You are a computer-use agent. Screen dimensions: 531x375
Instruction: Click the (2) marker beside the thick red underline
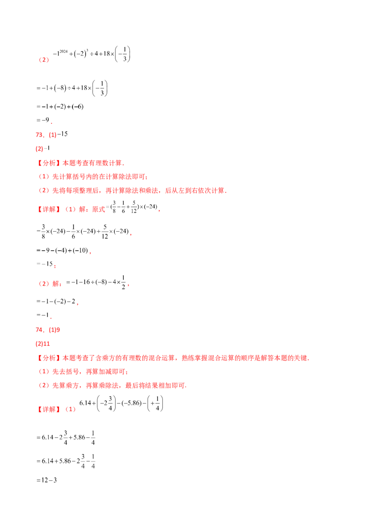(x=43, y=60)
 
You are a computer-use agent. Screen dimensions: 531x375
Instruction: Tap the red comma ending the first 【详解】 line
(x=160, y=211)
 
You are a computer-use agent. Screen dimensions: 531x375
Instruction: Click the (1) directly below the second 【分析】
(x=43, y=372)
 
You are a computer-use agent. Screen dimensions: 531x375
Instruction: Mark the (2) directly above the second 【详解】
(x=43, y=386)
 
